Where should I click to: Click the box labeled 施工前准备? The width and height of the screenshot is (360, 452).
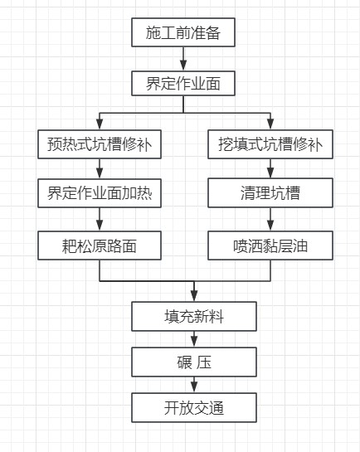183,32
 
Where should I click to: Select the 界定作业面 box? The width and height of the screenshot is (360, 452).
183,83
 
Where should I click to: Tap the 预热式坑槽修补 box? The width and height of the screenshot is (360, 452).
100,144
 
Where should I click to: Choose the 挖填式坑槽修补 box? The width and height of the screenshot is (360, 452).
270,144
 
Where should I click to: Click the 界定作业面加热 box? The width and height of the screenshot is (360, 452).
100,193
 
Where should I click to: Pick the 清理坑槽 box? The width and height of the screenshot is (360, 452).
270,193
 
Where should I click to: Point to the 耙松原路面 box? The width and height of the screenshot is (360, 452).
100,245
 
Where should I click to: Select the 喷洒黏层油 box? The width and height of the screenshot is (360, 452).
270,245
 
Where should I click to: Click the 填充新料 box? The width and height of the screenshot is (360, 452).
194,316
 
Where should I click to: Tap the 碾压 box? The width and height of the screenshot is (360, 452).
194,362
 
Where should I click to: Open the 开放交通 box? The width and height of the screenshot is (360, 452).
194,407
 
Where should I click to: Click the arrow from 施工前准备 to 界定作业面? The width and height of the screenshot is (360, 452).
183,59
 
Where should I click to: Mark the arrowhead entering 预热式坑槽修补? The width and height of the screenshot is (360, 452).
100,124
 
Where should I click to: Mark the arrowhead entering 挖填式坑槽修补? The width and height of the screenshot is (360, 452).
270,124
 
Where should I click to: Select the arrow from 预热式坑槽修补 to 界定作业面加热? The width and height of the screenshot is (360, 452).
100,168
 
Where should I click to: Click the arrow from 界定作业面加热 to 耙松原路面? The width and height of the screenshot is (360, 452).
100,220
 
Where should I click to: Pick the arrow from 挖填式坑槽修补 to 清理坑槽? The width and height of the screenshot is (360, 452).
270,168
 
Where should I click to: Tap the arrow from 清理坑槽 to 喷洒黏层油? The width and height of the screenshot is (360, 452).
270,220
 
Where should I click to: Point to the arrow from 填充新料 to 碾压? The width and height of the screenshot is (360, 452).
194,339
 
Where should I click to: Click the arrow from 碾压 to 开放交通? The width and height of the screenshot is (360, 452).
194,385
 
